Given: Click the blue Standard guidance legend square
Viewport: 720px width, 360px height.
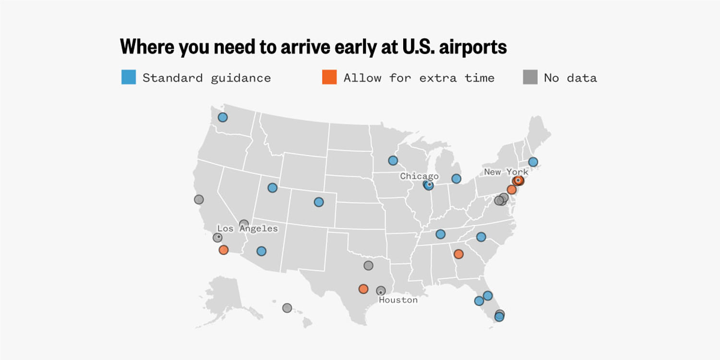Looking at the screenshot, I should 129,77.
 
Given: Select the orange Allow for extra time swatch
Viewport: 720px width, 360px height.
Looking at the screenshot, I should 329,77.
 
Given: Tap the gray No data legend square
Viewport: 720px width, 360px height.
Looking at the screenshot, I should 530,77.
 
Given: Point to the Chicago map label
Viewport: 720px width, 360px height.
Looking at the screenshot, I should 419,176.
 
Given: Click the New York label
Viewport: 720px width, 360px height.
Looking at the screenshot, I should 506,172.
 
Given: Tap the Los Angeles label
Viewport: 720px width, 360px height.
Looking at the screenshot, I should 247,228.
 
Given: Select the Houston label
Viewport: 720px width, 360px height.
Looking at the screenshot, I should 398,300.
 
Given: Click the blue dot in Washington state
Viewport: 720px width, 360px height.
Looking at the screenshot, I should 223,117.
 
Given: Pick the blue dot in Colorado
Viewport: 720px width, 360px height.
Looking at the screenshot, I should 319,202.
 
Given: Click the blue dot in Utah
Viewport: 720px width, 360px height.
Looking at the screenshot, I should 273,188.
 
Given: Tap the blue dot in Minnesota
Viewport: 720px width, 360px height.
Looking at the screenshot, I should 393,160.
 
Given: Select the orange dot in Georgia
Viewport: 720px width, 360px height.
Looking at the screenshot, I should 458,253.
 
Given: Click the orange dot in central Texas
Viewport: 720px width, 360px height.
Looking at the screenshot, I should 363,289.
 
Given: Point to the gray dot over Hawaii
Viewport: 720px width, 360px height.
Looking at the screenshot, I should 287,308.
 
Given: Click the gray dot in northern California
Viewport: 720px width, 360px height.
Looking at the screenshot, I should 199,199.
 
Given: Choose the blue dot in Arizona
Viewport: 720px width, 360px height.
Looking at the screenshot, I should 261,251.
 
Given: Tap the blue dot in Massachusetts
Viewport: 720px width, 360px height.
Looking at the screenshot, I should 533,162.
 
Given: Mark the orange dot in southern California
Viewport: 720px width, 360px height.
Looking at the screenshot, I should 224,250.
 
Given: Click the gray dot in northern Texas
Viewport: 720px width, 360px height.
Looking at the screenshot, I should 368,265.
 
